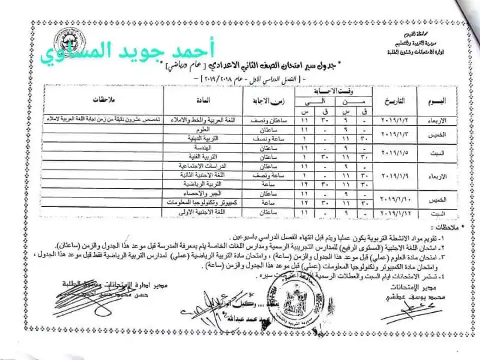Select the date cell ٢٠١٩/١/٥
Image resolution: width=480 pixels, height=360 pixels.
[394, 151]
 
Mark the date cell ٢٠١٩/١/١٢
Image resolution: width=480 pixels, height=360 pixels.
[394, 213]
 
